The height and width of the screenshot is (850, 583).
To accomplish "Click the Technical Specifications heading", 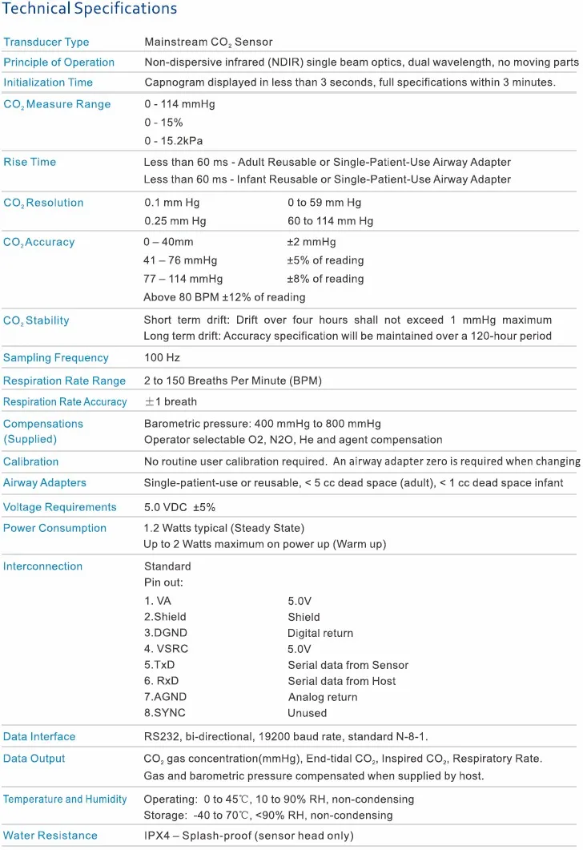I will (x=90, y=10).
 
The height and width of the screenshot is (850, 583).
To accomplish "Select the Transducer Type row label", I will (x=46, y=42).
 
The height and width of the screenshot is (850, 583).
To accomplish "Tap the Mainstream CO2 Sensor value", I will (x=209, y=42).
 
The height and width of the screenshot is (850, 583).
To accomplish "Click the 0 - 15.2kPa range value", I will (x=174, y=141).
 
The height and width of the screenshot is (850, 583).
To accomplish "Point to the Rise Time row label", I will (x=30, y=162).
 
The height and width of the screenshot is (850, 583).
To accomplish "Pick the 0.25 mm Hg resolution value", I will (x=175, y=221).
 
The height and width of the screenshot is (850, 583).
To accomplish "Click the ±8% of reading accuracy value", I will (x=325, y=279).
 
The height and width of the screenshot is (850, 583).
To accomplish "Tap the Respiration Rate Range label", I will (x=64, y=381).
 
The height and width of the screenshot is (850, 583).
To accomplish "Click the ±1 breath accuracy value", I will (x=170, y=401).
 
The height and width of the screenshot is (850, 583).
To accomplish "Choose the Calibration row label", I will (x=31, y=461).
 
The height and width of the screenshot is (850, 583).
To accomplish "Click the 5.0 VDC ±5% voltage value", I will (x=179, y=507).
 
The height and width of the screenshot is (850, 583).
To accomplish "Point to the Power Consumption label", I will (x=54, y=528).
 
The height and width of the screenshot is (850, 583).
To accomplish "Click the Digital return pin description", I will (x=320, y=633).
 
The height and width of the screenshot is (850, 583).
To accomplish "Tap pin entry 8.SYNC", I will (x=166, y=713).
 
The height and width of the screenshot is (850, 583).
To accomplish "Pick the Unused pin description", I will (x=308, y=713).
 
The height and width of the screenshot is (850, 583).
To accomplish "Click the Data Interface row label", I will (x=39, y=736).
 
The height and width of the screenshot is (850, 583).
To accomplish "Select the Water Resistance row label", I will (x=50, y=836).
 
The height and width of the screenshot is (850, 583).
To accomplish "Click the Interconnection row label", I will (x=42, y=566).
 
